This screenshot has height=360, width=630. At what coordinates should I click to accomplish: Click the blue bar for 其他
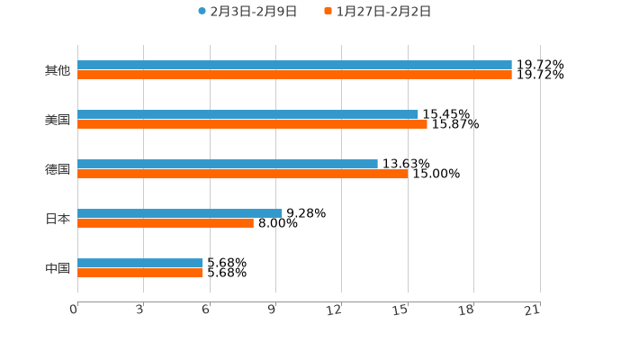[294, 65]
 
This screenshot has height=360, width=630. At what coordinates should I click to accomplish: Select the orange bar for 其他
[294, 75]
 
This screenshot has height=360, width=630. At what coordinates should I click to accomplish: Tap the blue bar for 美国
[247, 114]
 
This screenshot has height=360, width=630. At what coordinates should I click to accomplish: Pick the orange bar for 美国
[252, 124]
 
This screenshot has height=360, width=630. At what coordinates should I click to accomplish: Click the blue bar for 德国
[228, 164]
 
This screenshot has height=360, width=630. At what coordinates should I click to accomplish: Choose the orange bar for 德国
[242, 174]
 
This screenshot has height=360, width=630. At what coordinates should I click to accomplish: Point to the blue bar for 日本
[180, 213]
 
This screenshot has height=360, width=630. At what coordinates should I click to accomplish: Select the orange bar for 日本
[166, 223]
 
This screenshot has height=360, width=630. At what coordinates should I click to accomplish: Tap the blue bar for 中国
[140, 263]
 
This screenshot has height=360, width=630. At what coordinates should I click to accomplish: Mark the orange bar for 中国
[140, 273]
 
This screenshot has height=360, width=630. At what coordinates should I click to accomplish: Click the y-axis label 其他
[58, 70]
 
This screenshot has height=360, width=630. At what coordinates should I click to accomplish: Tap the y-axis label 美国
[58, 120]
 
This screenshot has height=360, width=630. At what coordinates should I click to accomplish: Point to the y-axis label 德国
[58, 169]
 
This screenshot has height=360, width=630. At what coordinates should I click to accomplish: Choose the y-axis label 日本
[58, 219]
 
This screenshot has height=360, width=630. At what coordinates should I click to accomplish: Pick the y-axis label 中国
[58, 268]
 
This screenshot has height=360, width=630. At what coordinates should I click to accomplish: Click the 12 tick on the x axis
[335, 310]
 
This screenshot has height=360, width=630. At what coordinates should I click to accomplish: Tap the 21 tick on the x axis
[533, 310]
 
